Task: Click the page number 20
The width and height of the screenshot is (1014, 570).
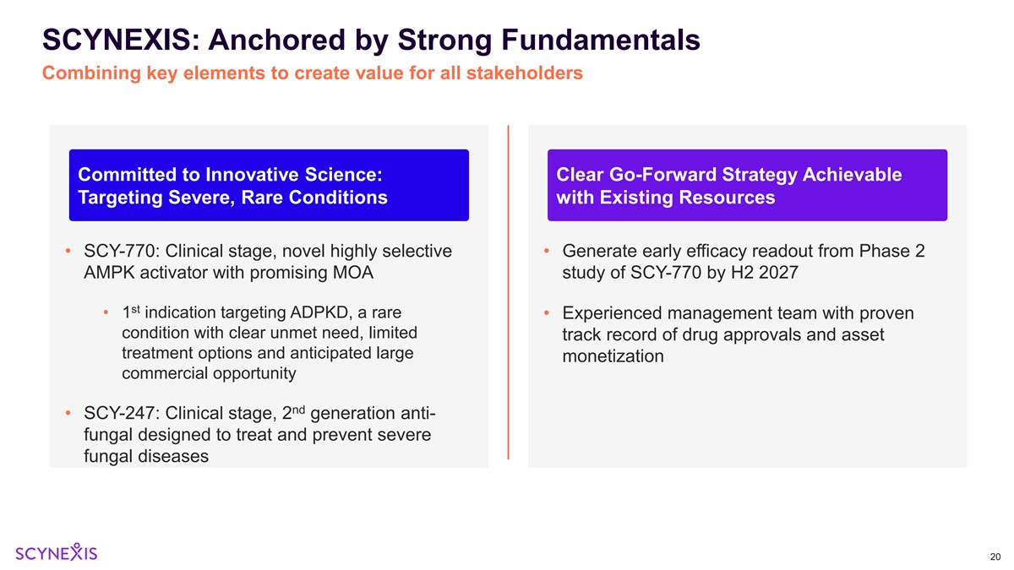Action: coord(994,556)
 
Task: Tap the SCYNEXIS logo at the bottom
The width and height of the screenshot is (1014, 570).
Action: coord(57,552)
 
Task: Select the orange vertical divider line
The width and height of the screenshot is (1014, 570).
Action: coord(508,291)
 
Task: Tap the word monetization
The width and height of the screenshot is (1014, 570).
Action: coord(613,356)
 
